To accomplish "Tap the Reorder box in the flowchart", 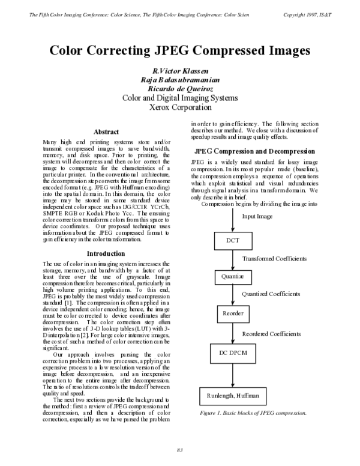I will (x=233, y=313).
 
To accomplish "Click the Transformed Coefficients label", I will (x=274, y=258).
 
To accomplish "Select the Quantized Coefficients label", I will (x=271, y=295).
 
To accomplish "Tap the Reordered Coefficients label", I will (x=271, y=333).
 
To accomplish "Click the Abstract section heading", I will (x=106, y=132).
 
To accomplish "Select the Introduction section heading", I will (x=106, y=253).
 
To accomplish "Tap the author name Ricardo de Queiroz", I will (x=180, y=89).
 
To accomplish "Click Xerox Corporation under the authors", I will (x=180, y=108).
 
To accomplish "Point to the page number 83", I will (x=179, y=450).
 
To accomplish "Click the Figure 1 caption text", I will (x=254, y=413).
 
